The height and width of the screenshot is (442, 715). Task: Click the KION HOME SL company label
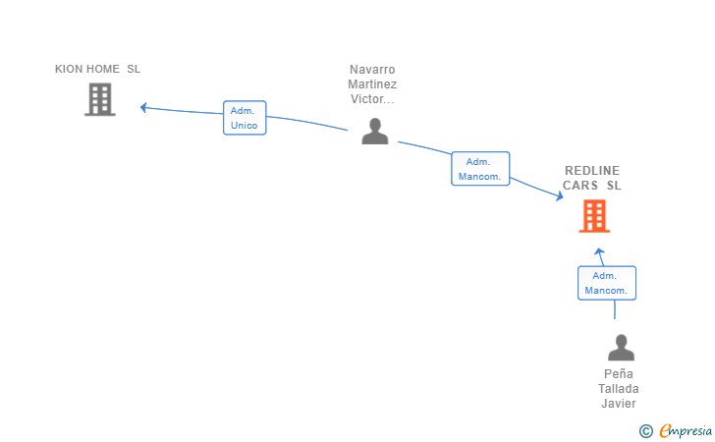point(97,69)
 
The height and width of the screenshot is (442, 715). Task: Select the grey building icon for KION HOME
point(100,99)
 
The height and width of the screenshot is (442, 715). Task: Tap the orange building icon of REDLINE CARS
point(594,216)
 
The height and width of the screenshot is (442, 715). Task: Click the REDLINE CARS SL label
point(592,178)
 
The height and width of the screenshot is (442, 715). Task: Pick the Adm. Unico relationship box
point(245,118)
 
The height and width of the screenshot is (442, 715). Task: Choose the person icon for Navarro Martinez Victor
point(375,132)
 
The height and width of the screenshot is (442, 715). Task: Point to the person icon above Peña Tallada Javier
point(621,348)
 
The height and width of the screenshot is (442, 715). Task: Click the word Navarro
point(372,70)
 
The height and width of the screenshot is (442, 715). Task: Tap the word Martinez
point(372,83)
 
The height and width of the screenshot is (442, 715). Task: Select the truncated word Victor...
point(372,99)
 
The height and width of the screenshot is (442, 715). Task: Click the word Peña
point(619,374)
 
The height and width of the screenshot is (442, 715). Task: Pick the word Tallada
point(619,389)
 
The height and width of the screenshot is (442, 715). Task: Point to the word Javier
point(619,404)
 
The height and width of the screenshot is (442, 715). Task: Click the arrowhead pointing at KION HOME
point(143,108)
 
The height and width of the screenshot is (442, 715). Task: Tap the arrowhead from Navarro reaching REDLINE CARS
point(560,196)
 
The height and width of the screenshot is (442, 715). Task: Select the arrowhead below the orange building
point(599,251)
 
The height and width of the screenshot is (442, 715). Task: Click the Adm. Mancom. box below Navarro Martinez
point(480,169)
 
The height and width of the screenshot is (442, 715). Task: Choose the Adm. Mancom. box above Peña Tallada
point(607,283)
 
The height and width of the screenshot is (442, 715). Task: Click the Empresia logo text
point(686,430)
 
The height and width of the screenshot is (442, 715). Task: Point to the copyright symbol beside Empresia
point(645,431)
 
